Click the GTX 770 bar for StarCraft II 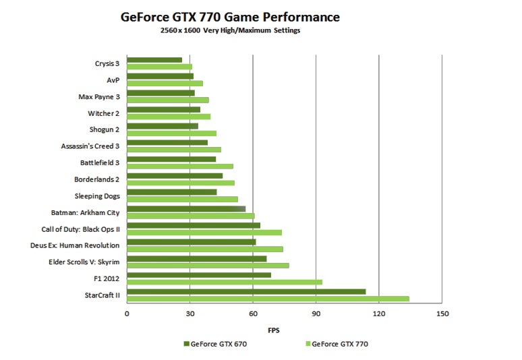point(268,299)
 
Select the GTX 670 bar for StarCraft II point(246,291)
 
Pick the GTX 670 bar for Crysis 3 point(154,60)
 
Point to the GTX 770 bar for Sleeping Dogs point(182,199)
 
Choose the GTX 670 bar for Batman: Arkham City point(186,209)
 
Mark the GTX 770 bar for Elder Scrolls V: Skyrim point(208,266)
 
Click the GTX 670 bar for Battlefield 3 point(171,159)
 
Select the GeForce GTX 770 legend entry point(337,344)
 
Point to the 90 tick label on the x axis point(316,314)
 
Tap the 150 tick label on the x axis point(442,314)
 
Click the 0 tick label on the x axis point(127,314)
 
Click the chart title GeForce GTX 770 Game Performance point(230,16)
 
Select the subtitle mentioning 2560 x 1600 point(230,30)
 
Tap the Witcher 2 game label point(103,113)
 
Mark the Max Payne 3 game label point(98,97)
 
